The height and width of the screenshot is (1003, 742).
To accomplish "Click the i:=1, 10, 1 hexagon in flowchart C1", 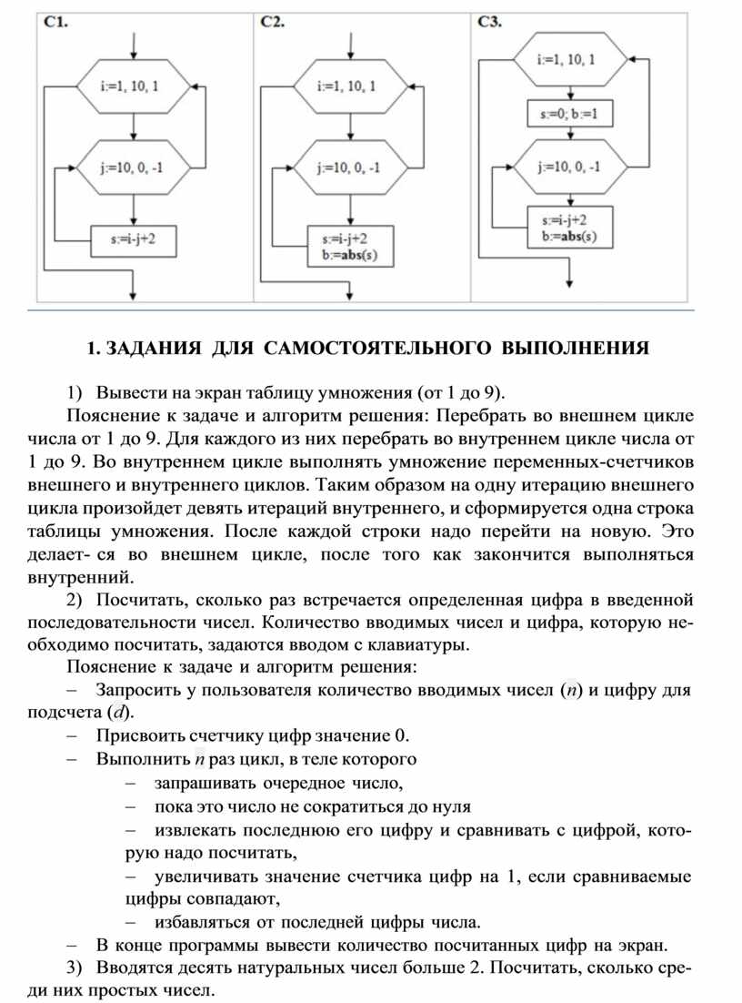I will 134,87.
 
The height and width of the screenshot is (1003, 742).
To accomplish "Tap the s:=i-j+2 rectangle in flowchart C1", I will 133,240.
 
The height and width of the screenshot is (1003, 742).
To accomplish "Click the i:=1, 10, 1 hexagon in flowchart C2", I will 349,87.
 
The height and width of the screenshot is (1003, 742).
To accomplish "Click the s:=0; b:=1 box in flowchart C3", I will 569,117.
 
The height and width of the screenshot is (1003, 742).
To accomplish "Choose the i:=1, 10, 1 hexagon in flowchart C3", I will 569,60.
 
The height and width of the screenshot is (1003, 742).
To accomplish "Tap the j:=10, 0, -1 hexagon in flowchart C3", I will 569,167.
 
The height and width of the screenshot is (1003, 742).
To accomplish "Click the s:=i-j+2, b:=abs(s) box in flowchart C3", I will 569,228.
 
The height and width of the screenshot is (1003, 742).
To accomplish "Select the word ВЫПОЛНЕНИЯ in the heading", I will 577,348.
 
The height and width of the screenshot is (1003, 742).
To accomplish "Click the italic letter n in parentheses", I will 568,689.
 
